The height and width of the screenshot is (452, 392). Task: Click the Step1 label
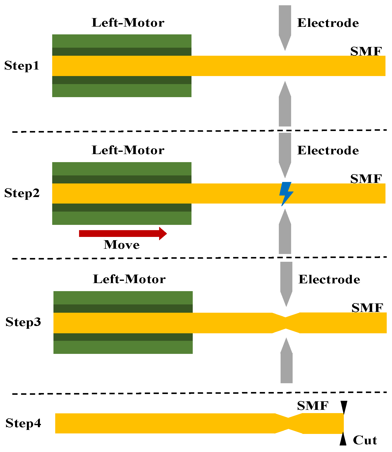click(x=22, y=66)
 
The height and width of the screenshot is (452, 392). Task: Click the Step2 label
click(x=22, y=193)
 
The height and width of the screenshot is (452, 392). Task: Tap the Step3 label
click(x=23, y=322)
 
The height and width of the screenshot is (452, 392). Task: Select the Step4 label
click(x=23, y=423)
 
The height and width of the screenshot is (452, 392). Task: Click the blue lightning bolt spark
click(x=286, y=193)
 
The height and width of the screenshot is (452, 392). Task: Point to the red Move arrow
click(x=123, y=233)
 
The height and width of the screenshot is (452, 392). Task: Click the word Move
click(x=122, y=245)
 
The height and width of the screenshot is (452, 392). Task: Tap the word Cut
click(x=365, y=440)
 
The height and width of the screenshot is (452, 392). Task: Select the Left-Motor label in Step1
click(x=128, y=23)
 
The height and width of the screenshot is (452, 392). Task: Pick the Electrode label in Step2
click(x=328, y=150)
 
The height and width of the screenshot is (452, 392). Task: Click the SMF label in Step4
click(x=313, y=406)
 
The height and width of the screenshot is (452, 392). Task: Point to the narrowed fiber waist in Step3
click(x=286, y=323)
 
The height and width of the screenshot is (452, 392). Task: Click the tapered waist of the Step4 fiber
click(x=289, y=423)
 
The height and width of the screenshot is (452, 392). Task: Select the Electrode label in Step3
click(x=329, y=279)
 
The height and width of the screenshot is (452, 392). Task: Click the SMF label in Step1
click(x=366, y=51)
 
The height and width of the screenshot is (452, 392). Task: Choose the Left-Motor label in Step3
click(x=129, y=279)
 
